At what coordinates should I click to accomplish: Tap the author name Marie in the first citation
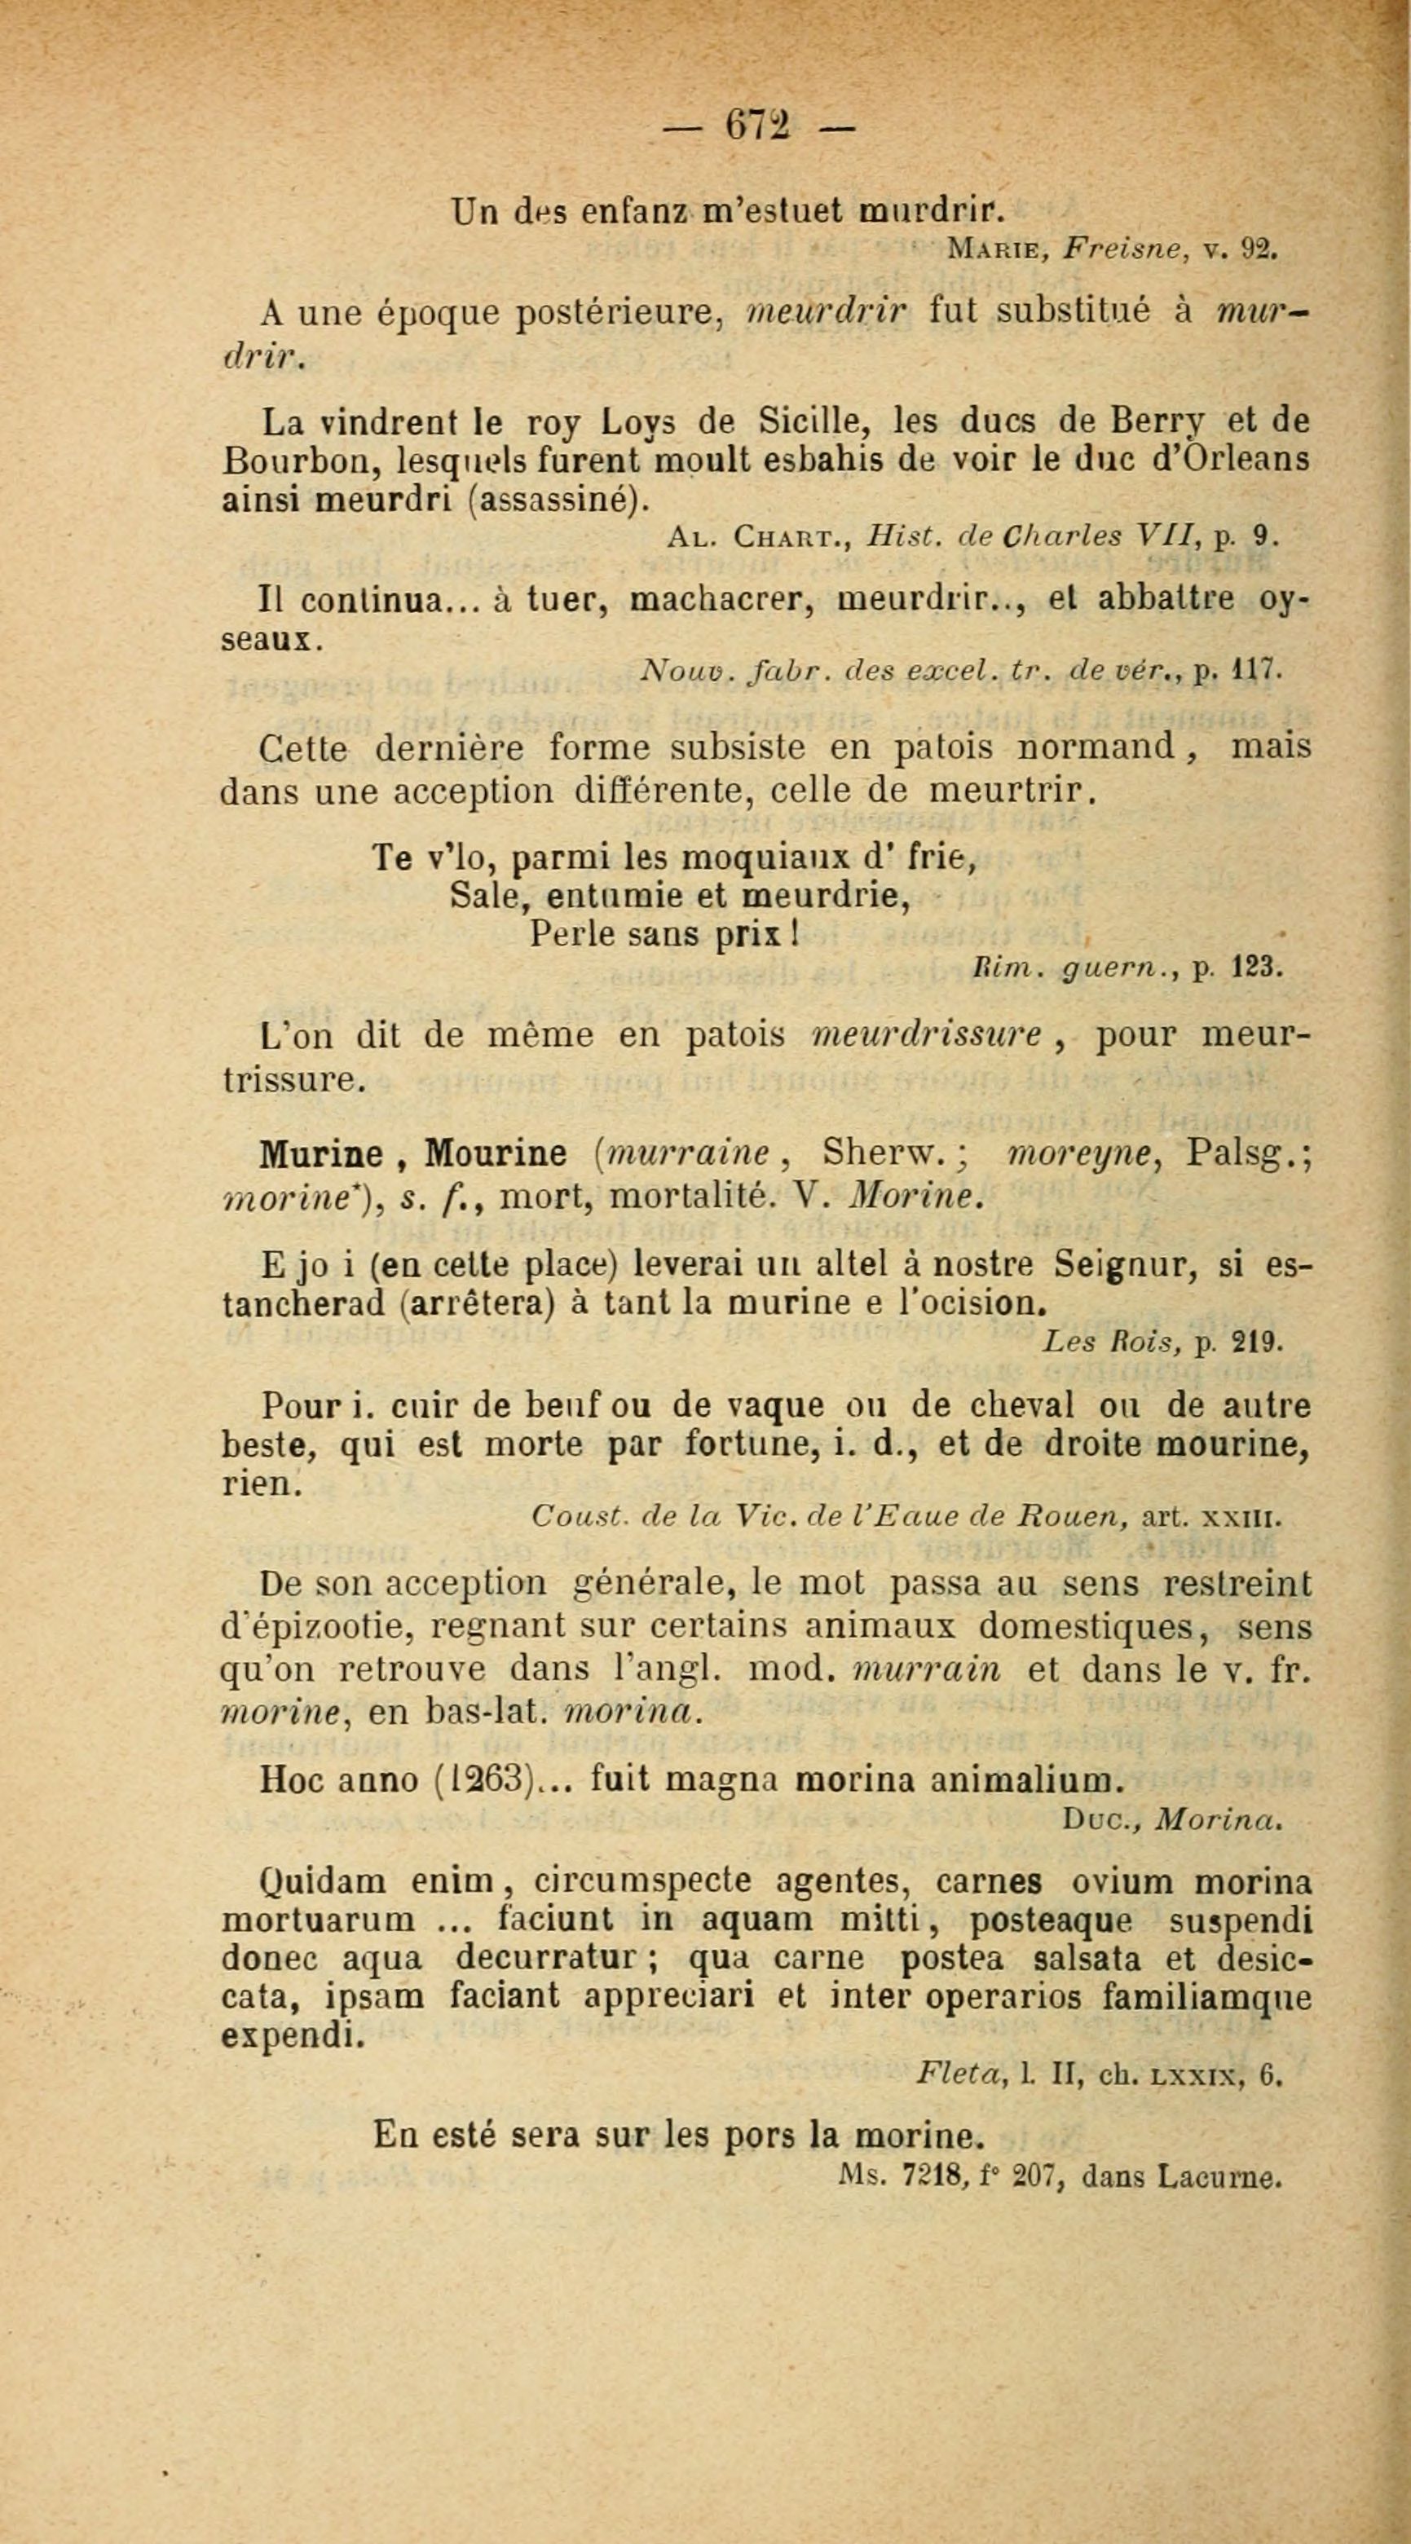coord(995,250)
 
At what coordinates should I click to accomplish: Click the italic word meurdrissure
coord(926,1036)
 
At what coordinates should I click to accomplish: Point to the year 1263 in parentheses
coord(492,1779)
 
